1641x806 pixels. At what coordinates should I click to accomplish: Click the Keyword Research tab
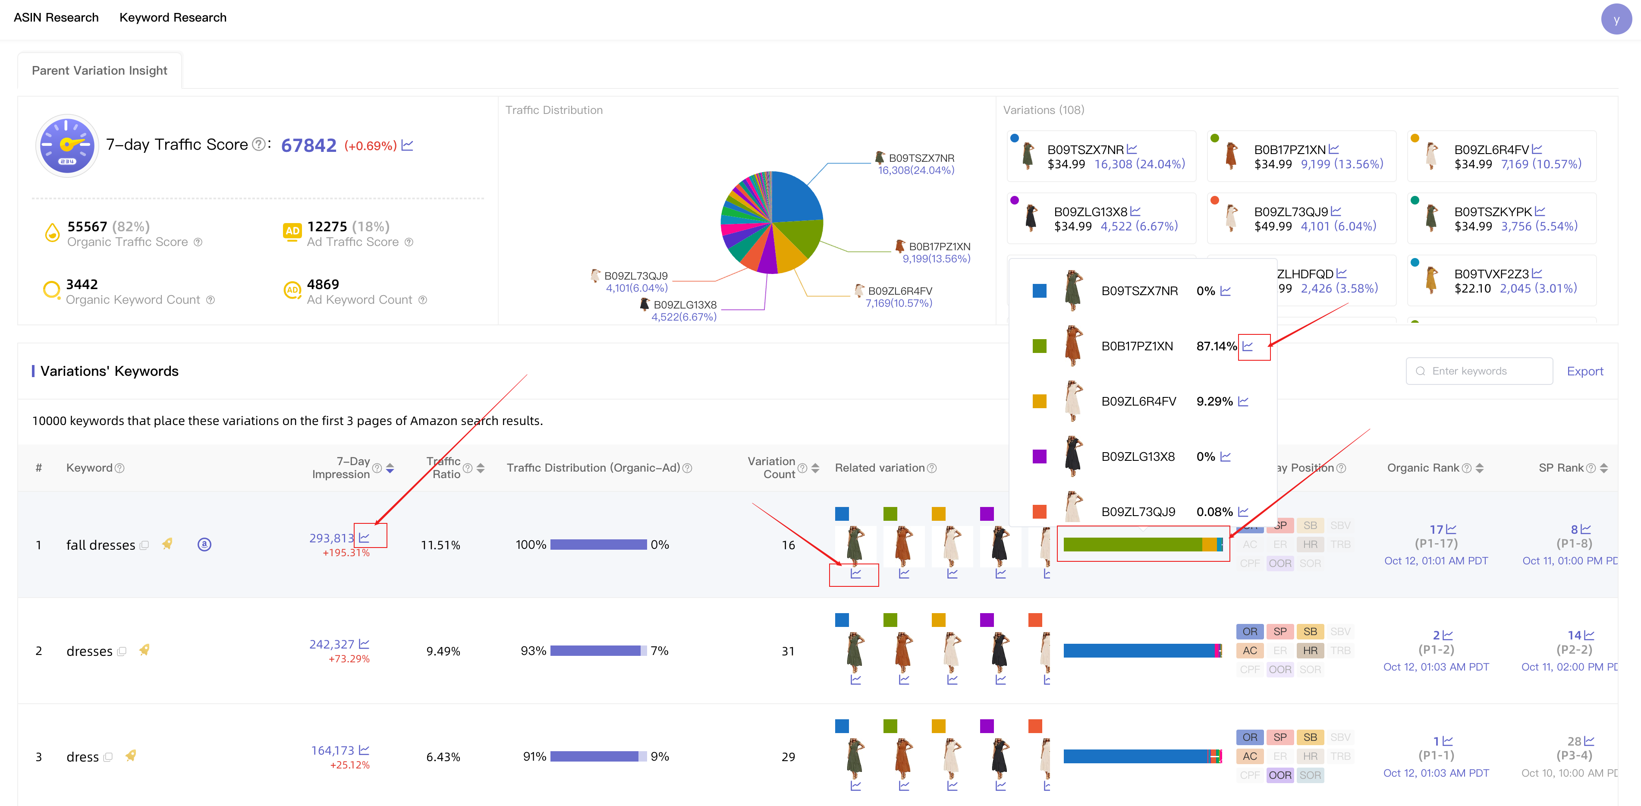point(173,17)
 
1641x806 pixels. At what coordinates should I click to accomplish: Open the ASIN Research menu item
point(56,17)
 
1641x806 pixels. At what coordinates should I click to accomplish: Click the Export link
point(1584,371)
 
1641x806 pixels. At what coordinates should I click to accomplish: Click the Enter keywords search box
point(1478,371)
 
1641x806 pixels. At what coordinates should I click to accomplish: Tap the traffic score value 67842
point(308,145)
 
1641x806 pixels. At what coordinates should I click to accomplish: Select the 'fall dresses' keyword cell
point(101,545)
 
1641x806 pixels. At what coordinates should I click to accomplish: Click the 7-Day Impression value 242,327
point(331,644)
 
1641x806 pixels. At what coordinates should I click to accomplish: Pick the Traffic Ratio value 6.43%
point(443,757)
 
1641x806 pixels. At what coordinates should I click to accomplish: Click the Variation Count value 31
point(788,651)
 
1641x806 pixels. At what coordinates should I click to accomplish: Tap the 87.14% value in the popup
point(1216,346)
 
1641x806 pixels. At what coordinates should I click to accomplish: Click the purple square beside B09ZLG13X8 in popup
point(1039,456)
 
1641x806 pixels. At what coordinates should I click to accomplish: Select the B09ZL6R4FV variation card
point(1502,156)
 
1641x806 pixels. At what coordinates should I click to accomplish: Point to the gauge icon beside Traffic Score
point(67,145)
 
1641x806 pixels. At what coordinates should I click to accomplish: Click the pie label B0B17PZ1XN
point(939,246)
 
